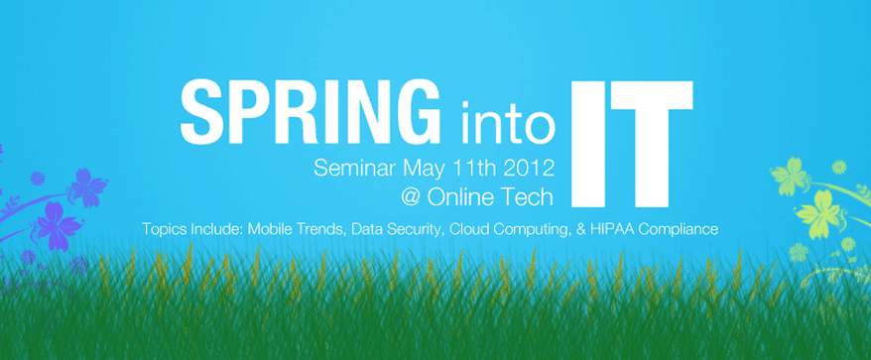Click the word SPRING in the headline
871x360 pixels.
point(310,110)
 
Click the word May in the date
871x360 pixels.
point(425,170)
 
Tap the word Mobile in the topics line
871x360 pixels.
point(267,228)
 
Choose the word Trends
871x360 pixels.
point(316,229)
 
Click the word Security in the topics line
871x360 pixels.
point(416,229)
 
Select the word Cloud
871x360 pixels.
point(465,228)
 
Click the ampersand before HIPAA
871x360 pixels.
point(581,229)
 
